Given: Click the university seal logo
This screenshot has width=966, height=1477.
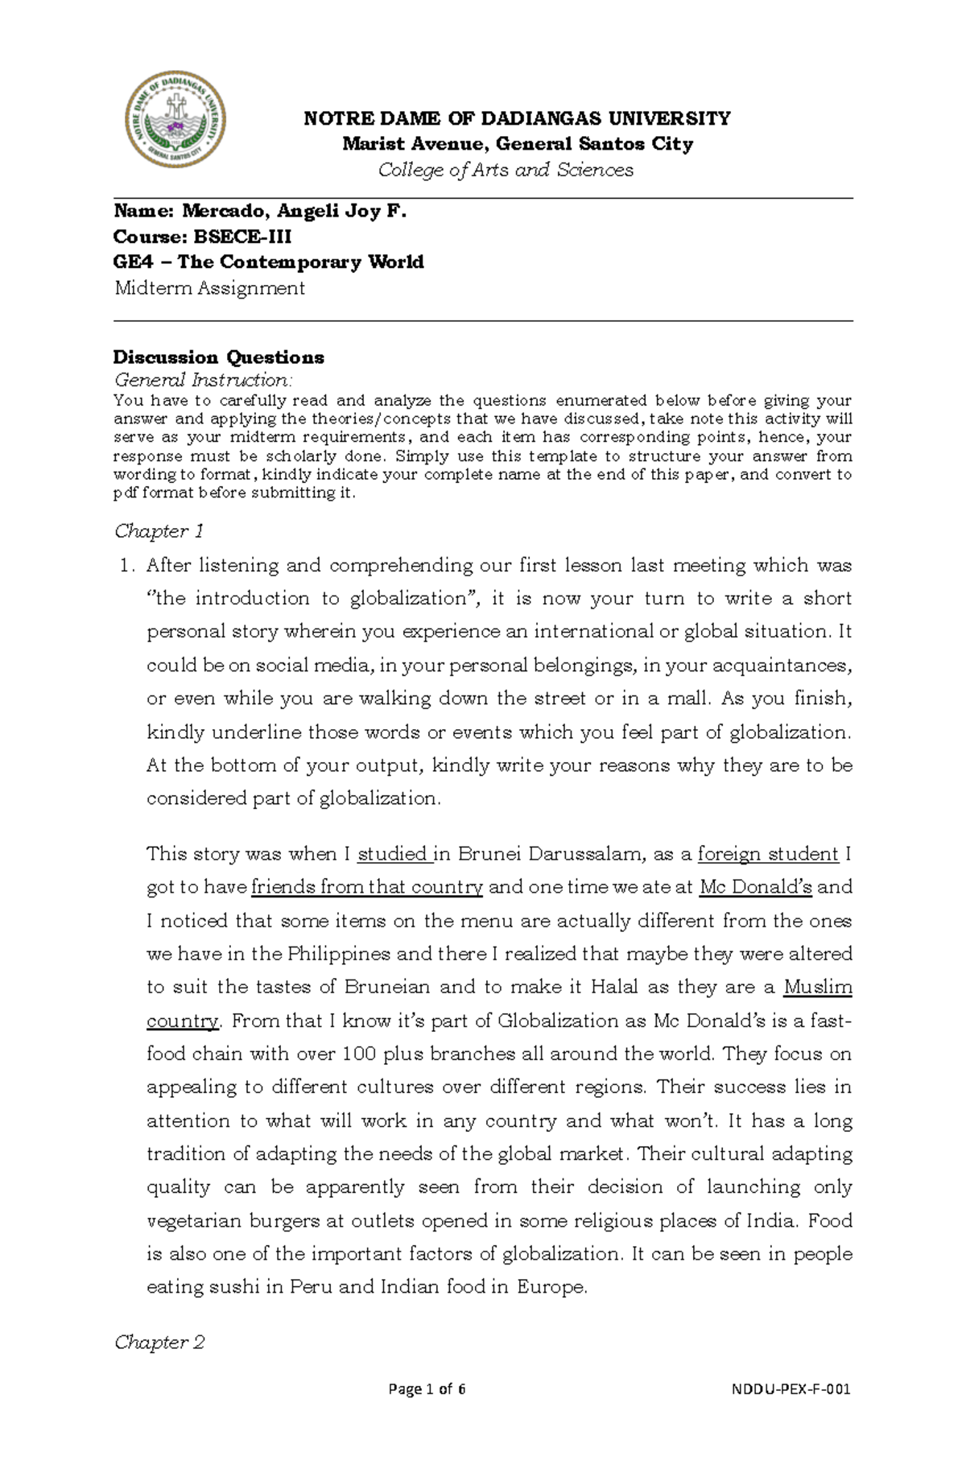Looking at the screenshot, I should (175, 119).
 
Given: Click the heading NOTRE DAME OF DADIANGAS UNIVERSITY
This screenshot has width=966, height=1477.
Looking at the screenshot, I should (517, 119).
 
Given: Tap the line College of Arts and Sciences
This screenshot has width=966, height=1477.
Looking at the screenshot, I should (506, 170).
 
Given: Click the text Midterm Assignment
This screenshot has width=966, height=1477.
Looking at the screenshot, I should (209, 288).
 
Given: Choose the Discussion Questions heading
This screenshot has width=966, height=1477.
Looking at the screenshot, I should (218, 357).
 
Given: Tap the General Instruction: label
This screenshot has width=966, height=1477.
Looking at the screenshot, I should (204, 380).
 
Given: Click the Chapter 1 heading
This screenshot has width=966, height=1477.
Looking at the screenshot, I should (159, 531).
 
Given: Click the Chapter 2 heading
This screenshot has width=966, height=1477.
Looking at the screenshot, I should (159, 1342).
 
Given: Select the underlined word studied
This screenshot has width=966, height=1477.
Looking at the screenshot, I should (393, 854).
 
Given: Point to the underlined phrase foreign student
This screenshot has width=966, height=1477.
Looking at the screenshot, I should (768, 854).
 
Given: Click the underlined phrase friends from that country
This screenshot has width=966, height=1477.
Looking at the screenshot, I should (367, 888).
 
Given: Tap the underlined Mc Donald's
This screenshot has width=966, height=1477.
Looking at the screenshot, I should (756, 888).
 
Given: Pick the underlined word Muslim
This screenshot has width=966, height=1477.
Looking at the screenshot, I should (818, 988).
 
